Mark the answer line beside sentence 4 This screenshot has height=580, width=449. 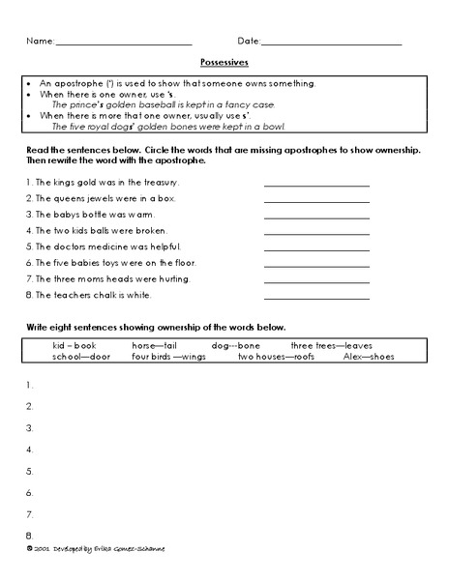coord(316,233)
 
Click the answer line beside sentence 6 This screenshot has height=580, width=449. coord(316,265)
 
